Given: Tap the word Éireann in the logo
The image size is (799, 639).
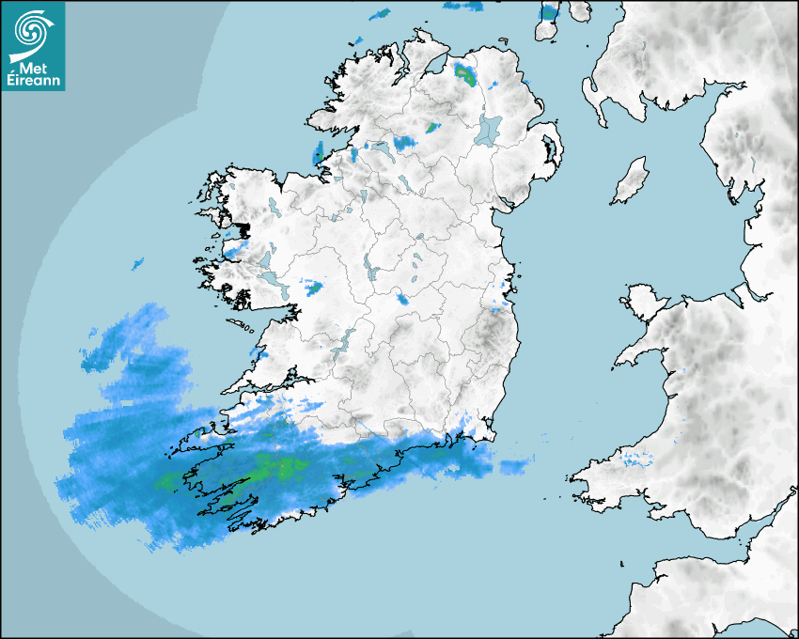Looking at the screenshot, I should pyautogui.click(x=34, y=81).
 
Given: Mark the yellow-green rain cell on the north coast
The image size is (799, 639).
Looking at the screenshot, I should pyautogui.click(x=465, y=72).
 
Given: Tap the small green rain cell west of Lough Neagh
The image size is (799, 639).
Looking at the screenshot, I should pyautogui.click(x=432, y=127).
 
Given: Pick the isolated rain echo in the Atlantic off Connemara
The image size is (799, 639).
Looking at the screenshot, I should pyautogui.click(x=138, y=264).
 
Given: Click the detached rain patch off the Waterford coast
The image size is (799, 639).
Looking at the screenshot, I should pyautogui.click(x=515, y=467).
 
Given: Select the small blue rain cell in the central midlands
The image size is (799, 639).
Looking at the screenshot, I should pyautogui.click(x=403, y=300).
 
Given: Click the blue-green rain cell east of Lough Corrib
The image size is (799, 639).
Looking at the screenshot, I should pyautogui.click(x=313, y=286).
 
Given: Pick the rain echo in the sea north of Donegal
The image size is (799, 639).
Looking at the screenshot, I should pyautogui.click(x=380, y=14).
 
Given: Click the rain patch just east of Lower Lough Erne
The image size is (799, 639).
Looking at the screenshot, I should pyautogui.click(x=404, y=142).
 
